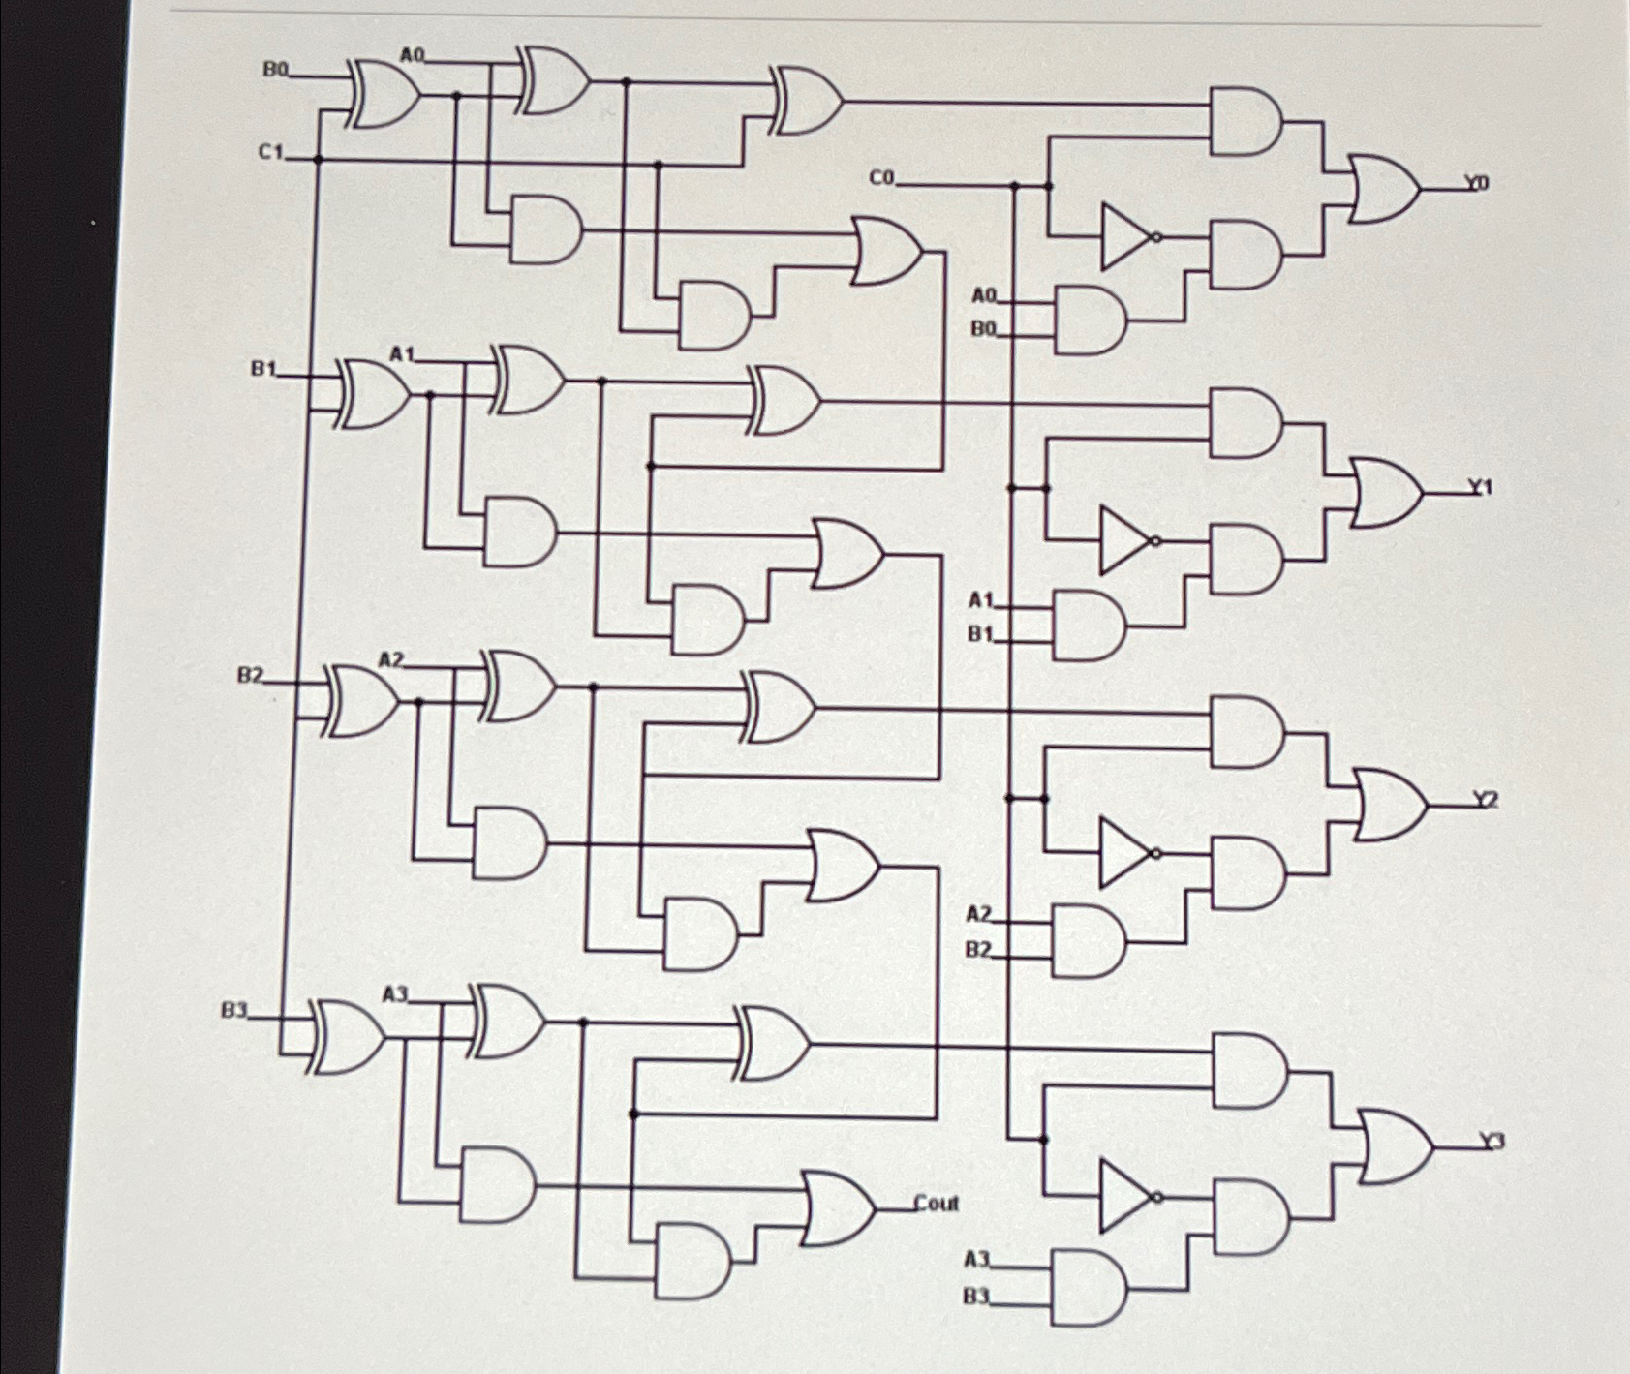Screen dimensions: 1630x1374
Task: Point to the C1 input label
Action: coord(270,152)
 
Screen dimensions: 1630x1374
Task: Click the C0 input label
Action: coord(882,178)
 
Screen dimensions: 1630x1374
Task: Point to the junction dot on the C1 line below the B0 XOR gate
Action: coord(318,160)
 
